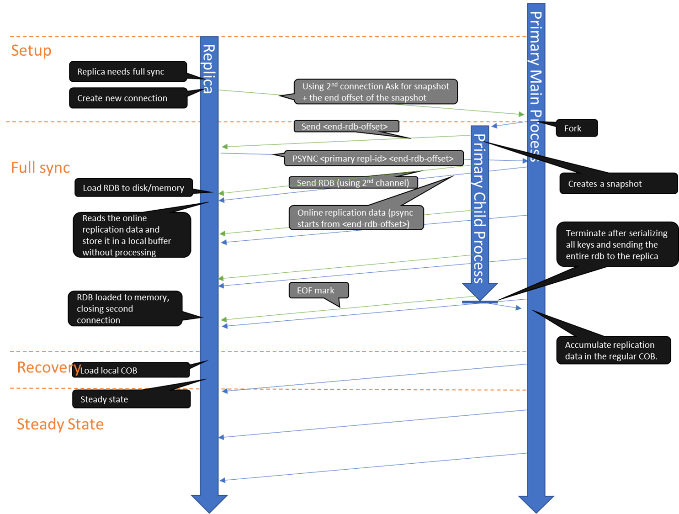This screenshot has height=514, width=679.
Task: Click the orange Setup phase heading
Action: click(x=31, y=51)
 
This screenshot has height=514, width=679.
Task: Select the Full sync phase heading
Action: click(x=40, y=168)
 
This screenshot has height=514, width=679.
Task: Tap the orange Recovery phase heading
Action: click(x=48, y=367)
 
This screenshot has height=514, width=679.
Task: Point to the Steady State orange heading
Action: click(x=60, y=424)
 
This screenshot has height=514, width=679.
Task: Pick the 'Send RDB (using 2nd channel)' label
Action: click(x=353, y=183)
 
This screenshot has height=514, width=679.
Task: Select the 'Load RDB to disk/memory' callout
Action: click(x=133, y=188)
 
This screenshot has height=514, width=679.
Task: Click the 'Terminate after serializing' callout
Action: click(x=616, y=245)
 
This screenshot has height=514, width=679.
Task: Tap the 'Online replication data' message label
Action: click(x=356, y=218)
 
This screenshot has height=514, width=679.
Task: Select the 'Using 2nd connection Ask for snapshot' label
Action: click(x=376, y=92)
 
